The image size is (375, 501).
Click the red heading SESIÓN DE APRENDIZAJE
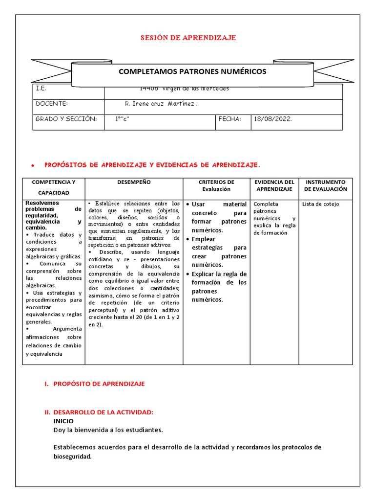point(188,38)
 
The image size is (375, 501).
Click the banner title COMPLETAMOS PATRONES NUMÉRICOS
point(193,71)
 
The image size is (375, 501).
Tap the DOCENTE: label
point(51,104)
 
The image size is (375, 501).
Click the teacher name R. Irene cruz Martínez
point(161,104)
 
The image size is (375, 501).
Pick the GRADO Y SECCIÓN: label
point(66,119)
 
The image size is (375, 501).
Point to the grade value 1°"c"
point(122,119)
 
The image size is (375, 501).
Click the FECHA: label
point(230,119)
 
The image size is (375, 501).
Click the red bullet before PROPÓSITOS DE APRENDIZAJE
point(32,166)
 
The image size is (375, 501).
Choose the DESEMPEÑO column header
point(134,182)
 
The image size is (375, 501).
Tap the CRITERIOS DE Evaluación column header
point(216,185)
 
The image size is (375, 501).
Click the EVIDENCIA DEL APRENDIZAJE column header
point(274,185)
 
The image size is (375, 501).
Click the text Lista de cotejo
point(320,204)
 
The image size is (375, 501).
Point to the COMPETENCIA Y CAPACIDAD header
point(54,187)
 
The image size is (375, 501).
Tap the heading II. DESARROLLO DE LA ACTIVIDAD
point(100,412)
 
